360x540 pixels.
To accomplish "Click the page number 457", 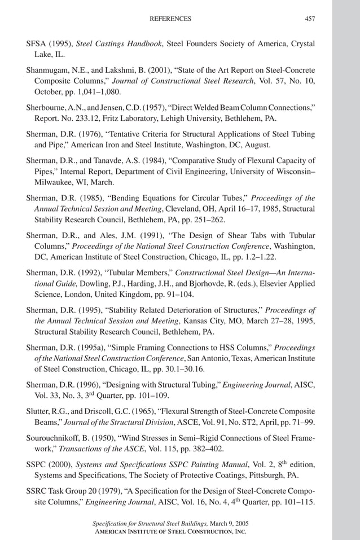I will tap(310, 19).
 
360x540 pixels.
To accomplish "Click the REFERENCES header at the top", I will tap(170, 19).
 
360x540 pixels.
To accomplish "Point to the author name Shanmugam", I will tap(49, 71).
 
